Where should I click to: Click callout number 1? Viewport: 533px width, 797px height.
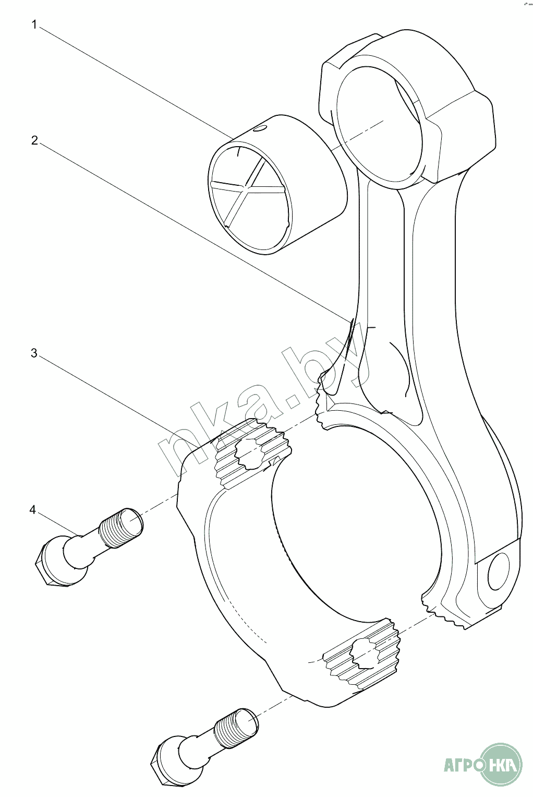34,25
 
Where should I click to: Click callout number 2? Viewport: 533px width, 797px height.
34,140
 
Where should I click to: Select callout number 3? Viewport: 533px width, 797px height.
34,353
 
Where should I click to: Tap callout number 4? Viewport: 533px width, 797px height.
33,509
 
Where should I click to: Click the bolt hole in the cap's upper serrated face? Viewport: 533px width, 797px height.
250,452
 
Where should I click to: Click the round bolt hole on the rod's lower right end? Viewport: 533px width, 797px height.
499,572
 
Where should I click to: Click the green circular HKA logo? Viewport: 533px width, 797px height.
501,765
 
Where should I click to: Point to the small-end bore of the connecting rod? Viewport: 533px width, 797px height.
378,123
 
